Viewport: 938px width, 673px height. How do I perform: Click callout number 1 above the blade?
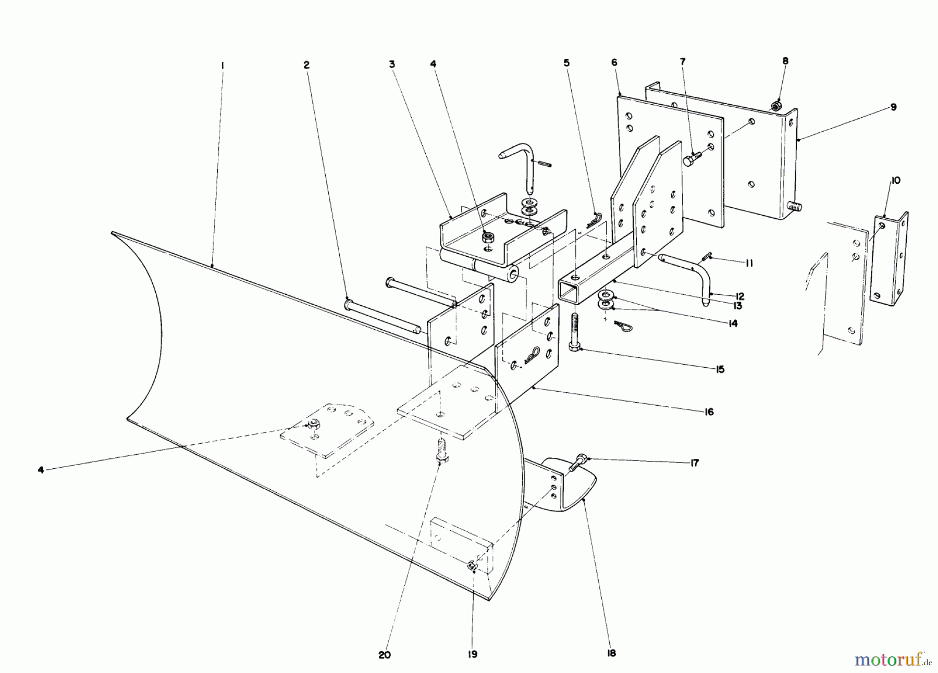pos(223,66)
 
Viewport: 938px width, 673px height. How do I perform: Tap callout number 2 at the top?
pos(306,65)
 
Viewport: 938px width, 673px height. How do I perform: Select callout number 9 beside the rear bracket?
pos(893,107)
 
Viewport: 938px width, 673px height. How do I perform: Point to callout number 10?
pos(896,181)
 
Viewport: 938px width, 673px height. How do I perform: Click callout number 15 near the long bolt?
pos(720,369)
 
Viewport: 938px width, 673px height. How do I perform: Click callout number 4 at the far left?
pos(41,470)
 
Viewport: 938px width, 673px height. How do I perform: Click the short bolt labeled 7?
pos(691,158)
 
